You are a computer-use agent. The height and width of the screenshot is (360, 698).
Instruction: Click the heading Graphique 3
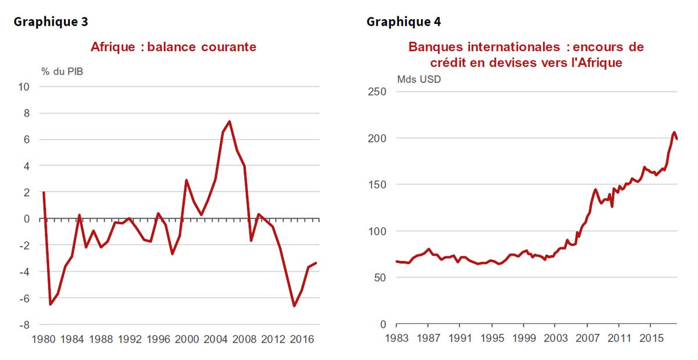point(51,22)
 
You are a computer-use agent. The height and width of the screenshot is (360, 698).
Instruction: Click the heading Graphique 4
point(404,22)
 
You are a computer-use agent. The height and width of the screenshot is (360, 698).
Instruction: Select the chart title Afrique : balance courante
point(173,47)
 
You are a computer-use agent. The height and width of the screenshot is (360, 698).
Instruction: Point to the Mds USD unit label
point(419,79)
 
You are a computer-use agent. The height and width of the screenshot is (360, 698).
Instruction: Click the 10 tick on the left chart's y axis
point(25,87)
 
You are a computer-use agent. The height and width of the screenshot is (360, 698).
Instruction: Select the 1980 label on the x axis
point(44,339)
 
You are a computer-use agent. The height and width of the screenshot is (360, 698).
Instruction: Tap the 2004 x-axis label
point(215,339)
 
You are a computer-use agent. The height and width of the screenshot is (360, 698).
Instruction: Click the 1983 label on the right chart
point(396,338)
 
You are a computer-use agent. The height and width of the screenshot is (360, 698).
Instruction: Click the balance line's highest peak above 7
point(230,122)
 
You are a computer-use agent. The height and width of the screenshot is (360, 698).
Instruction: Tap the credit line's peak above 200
point(674,133)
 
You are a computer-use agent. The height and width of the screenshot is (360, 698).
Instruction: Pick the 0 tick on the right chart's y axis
point(382,324)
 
